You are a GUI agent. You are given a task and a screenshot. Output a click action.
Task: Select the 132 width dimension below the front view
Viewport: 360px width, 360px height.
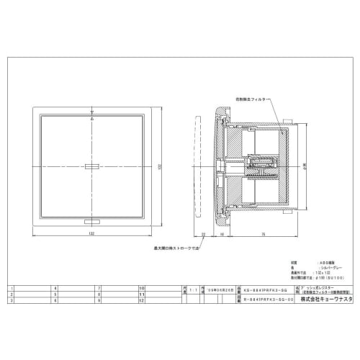(x=93, y=234)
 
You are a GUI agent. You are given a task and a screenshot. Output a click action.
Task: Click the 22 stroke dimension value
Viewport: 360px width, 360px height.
(x=204, y=234)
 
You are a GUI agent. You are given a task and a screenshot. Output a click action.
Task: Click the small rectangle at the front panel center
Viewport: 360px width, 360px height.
(x=93, y=166)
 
